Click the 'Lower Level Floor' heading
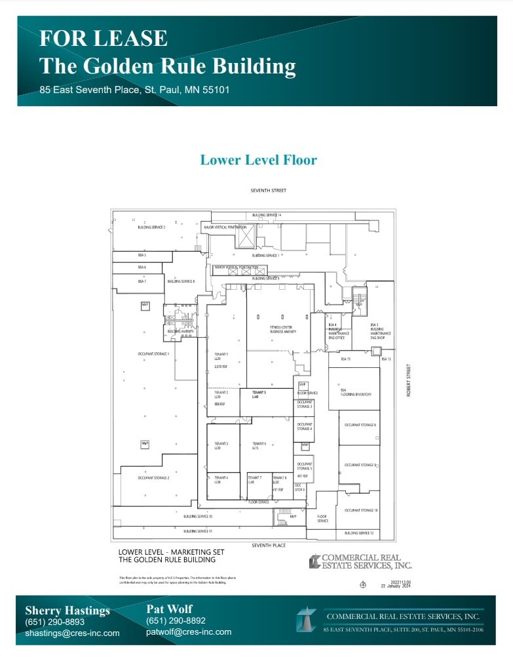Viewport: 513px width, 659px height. pyautogui.click(x=258, y=160)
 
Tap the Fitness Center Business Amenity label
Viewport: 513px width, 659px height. pyautogui.click(x=283, y=329)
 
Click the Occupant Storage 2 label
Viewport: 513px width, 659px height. pyautogui.click(x=153, y=478)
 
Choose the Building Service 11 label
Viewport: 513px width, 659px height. pyautogui.click(x=197, y=531)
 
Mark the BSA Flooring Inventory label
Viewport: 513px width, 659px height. pyautogui.click(x=356, y=392)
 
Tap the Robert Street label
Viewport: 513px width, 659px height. pyautogui.click(x=408, y=380)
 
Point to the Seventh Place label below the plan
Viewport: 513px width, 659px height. pyautogui.click(x=269, y=545)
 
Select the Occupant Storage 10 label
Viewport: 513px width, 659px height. pyautogui.click(x=360, y=510)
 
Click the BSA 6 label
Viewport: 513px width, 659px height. pyautogui.click(x=142, y=268)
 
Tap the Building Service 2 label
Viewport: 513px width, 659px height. pyautogui.click(x=151, y=228)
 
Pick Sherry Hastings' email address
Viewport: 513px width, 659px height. pyautogui.click(x=72, y=633)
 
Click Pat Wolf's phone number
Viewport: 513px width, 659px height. pyautogui.click(x=176, y=621)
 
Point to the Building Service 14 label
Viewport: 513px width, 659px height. pyautogui.click(x=267, y=215)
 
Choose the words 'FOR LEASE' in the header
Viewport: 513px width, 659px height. pyautogui.click(x=103, y=39)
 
